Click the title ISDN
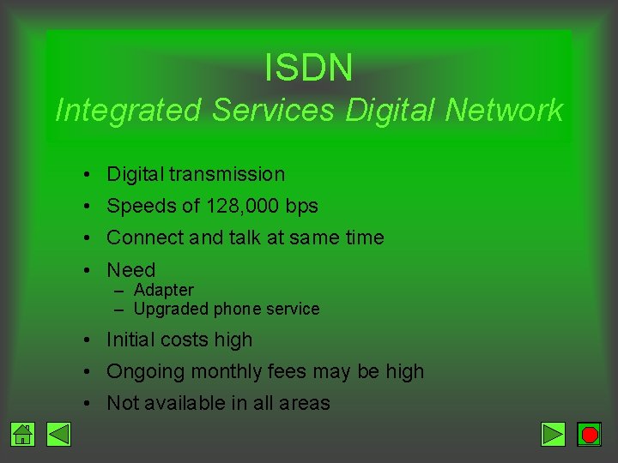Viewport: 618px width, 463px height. coord(308,68)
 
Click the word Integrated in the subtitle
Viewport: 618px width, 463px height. coord(128,110)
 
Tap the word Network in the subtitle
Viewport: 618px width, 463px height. coord(504,110)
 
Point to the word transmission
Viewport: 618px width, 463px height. coord(227,174)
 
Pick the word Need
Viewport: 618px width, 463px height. coord(130,270)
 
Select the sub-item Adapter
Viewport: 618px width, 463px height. coord(164,290)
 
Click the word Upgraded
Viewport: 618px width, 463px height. coord(171,309)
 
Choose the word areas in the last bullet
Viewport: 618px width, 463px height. coord(303,403)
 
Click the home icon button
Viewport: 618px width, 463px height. coord(23,435)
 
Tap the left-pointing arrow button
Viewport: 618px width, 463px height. coord(58,435)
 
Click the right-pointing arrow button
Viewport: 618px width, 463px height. coord(554,435)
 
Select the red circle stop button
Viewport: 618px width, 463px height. coord(589,435)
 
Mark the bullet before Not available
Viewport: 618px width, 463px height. coord(88,404)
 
